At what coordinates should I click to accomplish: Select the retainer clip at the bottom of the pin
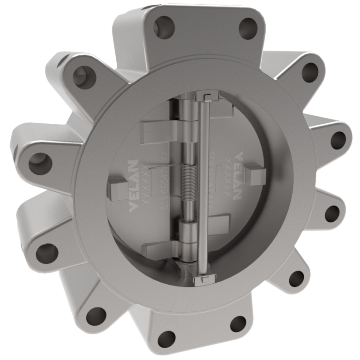(200, 280)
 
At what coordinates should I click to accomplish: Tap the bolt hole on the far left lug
(37, 165)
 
